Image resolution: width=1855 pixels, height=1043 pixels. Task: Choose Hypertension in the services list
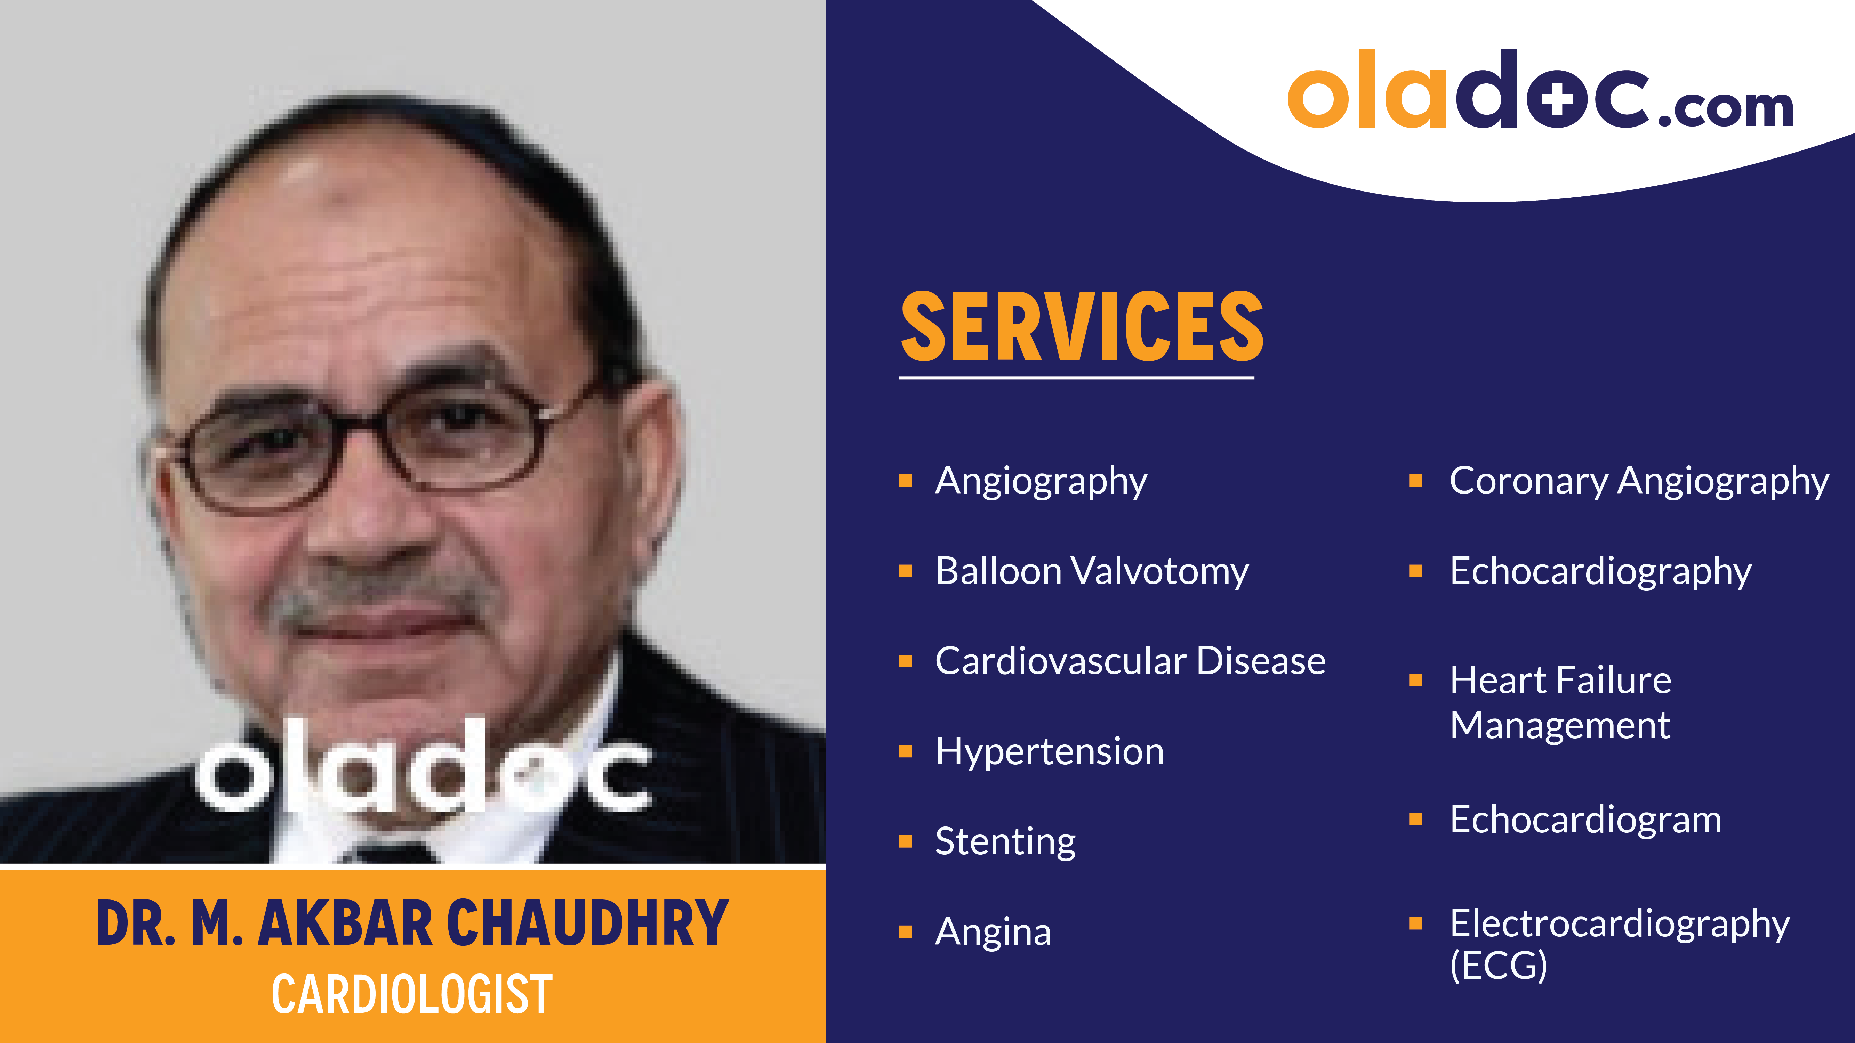(1049, 751)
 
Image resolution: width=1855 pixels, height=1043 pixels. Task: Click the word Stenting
(1005, 841)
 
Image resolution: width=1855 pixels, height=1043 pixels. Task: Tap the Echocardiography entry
(1600, 571)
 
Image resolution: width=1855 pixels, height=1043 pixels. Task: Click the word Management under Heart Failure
(1560, 725)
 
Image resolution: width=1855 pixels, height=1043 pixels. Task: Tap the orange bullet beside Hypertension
(906, 751)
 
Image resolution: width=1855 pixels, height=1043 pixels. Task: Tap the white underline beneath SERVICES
(1077, 376)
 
